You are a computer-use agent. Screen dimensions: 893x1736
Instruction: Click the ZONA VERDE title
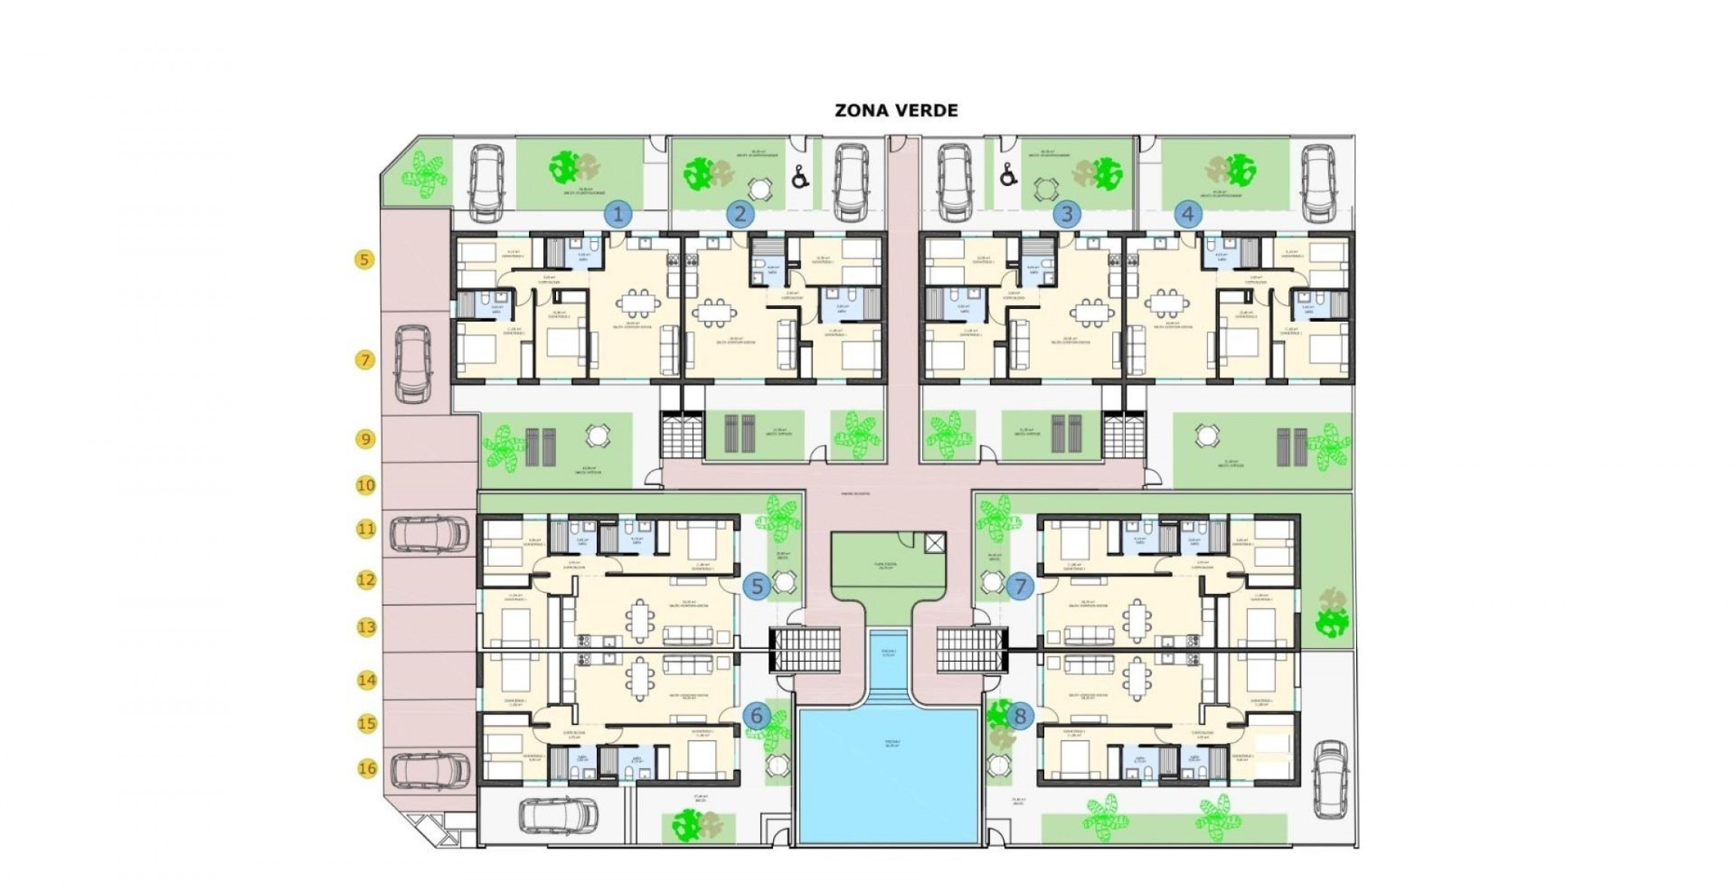[x=896, y=110]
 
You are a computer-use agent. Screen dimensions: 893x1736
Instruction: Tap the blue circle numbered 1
[x=618, y=215]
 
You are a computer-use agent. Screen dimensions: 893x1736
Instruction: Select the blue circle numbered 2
[x=740, y=214]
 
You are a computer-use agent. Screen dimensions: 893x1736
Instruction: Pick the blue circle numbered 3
[x=1066, y=214]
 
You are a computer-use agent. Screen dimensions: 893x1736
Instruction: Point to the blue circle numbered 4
[x=1187, y=214]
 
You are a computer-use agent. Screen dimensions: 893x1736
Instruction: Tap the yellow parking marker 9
[x=365, y=439]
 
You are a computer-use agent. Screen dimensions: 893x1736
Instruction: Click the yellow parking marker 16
[x=367, y=769]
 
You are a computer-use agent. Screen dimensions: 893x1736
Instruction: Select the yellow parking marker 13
[x=366, y=627]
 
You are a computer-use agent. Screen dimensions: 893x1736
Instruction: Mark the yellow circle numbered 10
[x=365, y=485]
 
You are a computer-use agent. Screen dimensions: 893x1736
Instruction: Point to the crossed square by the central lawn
[x=934, y=543]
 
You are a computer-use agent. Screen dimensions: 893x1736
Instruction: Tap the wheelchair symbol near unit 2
[x=800, y=178]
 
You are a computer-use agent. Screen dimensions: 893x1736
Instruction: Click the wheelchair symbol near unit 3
[x=1005, y=176]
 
